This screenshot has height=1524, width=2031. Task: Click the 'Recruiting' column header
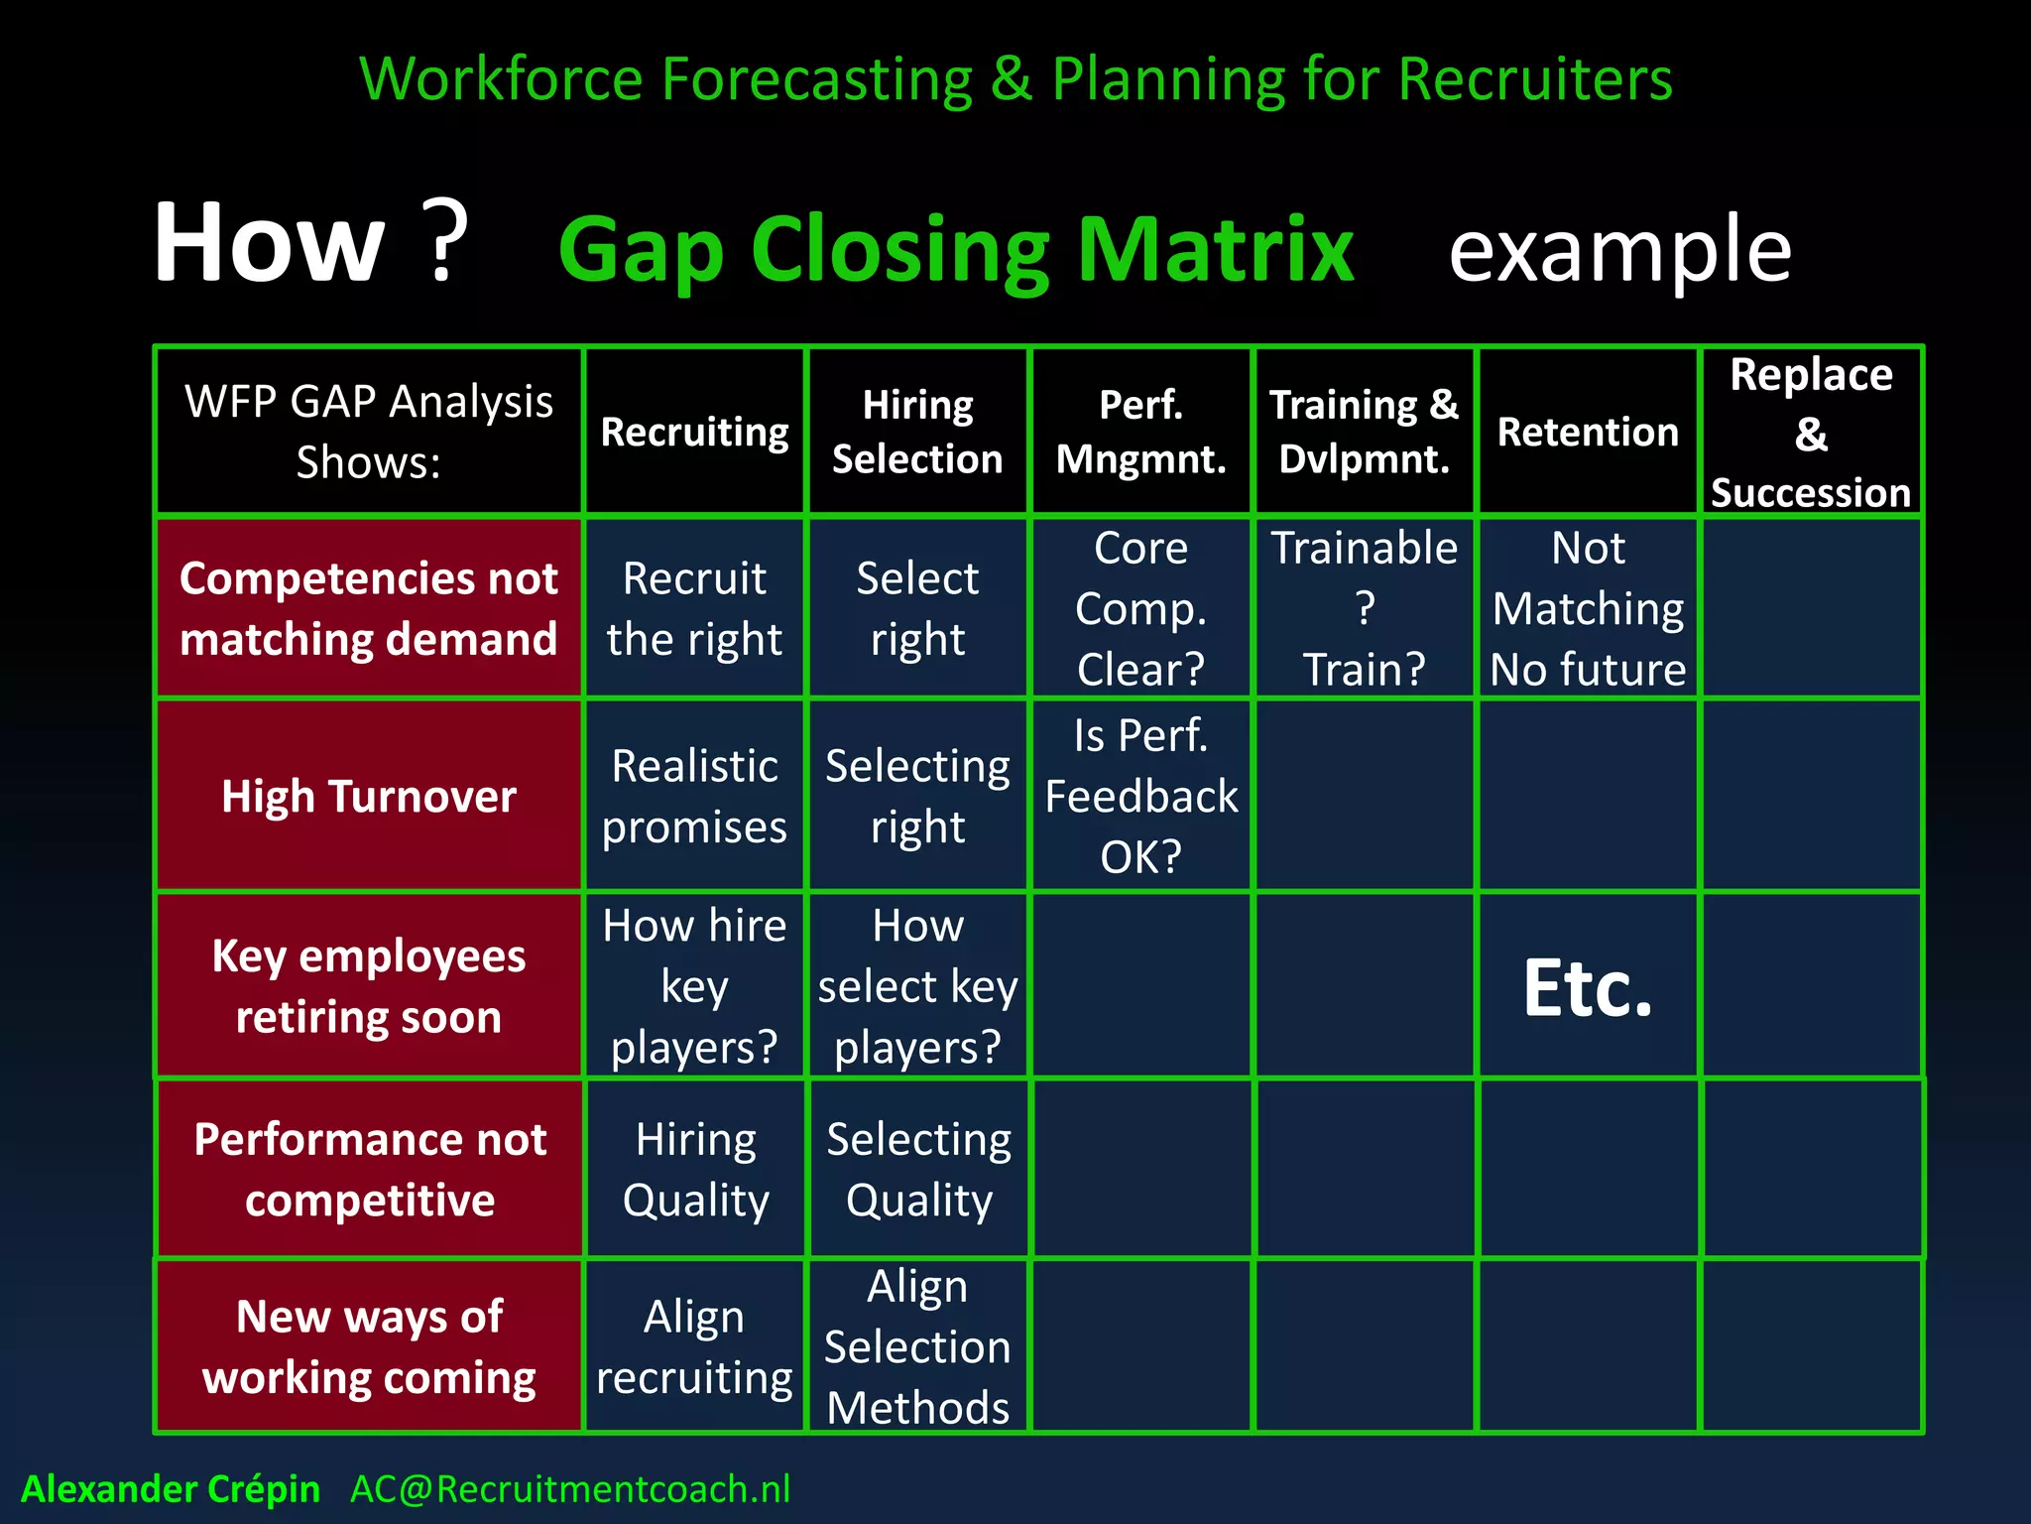694,432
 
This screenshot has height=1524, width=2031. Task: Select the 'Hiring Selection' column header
917,432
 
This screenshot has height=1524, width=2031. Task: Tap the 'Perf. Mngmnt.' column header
1140,432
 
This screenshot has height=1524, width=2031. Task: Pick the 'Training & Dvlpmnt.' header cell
1364,432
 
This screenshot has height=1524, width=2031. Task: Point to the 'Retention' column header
1588,432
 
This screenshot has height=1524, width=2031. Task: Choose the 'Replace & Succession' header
1811,433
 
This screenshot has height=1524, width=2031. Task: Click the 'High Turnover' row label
369,797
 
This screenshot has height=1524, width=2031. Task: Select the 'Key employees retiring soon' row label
369,986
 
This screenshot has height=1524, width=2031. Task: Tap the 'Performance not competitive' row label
370,1169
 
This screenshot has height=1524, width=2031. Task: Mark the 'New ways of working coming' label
369,1346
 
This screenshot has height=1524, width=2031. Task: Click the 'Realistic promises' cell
694,797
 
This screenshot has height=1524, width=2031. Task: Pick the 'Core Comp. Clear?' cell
1140,608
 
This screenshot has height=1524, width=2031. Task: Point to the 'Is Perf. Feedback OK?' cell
1140,797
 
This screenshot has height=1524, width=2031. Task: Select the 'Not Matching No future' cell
1588,608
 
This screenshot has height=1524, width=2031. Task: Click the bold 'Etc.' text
1588,988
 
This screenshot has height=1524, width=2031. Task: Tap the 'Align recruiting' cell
694,1346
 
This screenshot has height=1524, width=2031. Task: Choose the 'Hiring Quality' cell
695,1169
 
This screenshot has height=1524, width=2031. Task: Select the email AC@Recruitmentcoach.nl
570,1489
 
